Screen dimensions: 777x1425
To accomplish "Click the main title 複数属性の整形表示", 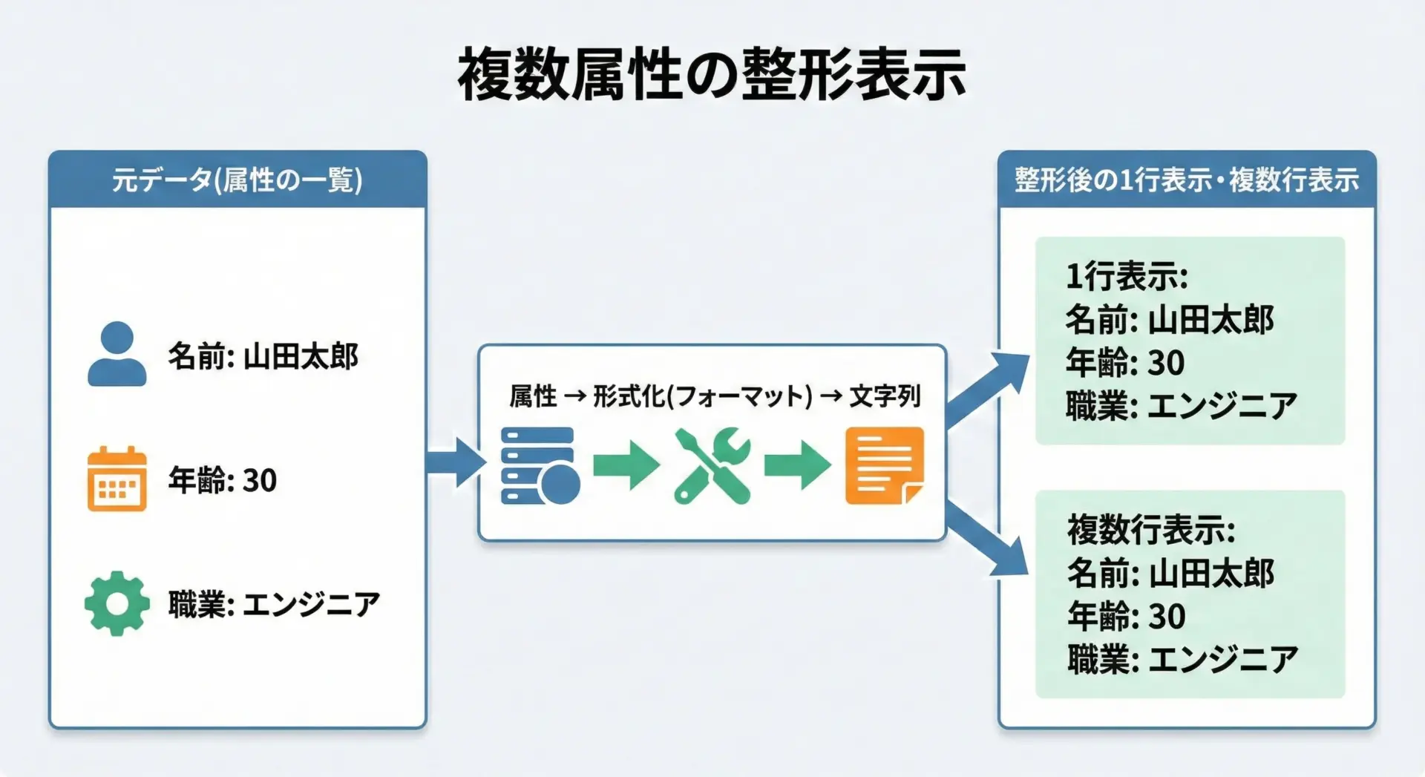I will (x=711, y=73).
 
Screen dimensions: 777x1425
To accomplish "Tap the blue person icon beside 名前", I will (x=117, y=354).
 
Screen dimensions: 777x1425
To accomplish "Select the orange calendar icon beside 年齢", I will (x=117, y=479).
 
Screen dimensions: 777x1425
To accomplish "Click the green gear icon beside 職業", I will (x=117, y=603).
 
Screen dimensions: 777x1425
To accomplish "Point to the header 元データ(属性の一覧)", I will (x=237, y=180).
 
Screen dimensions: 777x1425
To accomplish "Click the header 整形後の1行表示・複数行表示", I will (x=1186, y=180).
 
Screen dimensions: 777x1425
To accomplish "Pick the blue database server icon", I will (x=540, y=465).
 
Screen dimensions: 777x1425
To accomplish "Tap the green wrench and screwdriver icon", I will (x=712, y=465).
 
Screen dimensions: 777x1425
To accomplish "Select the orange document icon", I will (x=884, y=465).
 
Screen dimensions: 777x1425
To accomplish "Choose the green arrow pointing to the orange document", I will (x=797, y=465).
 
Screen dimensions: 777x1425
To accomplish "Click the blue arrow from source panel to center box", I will (x=454, y=462).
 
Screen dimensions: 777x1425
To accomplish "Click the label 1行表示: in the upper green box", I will (x=1126, y=277).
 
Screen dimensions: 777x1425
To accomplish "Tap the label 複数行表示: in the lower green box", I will (x=1150, y=530).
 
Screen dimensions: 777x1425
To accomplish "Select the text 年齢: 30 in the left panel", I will (x=222, y=480).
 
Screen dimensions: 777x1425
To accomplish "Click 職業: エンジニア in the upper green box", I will (x=1181, y=406).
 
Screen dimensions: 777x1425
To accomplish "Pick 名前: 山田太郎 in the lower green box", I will (x=1170, y=573).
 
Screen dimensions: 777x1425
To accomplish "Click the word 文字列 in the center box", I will (x=885, y=396).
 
